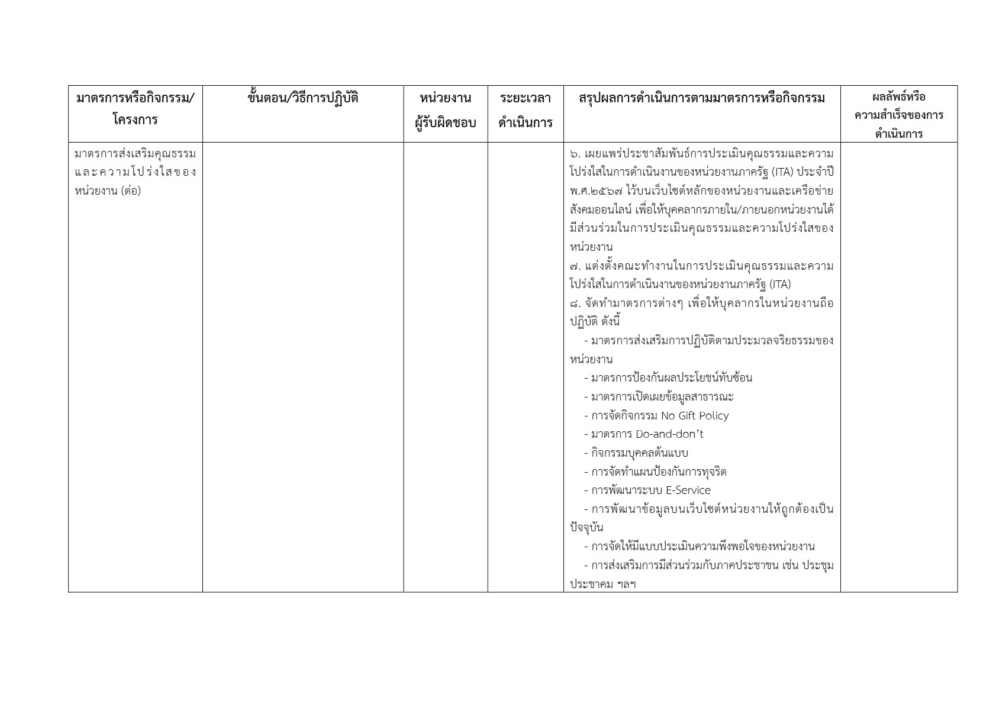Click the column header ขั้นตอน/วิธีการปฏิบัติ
303,98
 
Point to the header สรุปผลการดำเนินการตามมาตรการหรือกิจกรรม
702,98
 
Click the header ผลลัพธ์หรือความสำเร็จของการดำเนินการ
898,115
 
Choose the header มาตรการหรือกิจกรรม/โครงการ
135,108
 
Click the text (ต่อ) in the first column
131,191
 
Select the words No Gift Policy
695,415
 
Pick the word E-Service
688,490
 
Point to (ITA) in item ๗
781,285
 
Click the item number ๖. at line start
575,154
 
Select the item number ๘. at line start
575,303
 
